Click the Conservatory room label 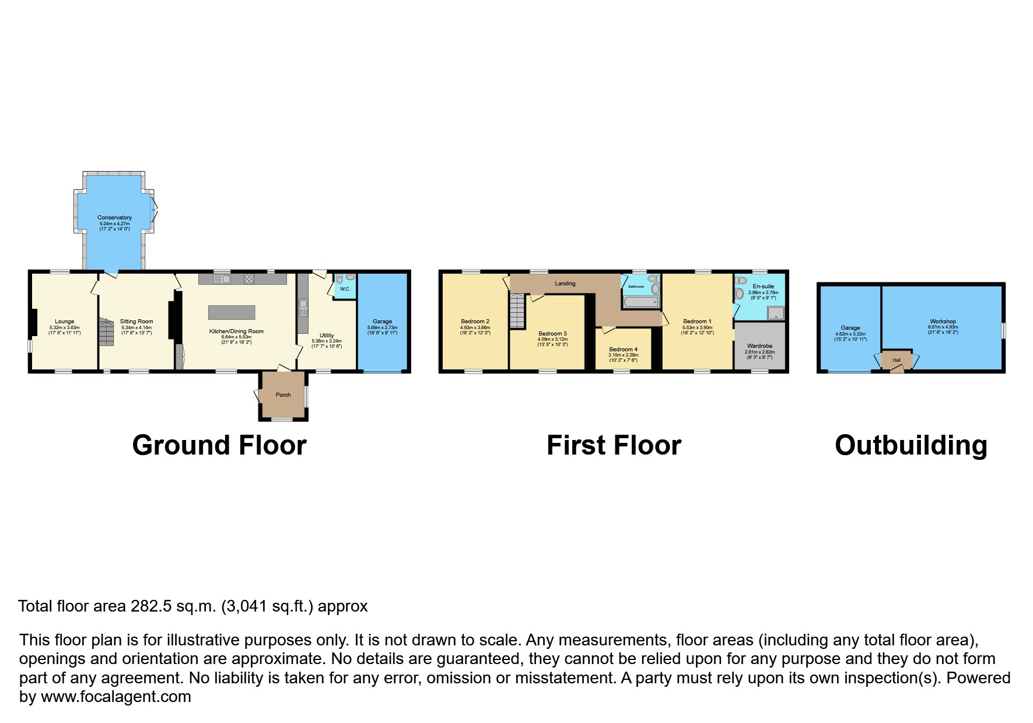tap(114, 218)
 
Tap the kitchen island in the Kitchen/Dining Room tap(232, 312)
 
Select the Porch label tap(283, 395)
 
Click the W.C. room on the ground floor tap(345, 289)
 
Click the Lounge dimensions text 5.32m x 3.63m tap(64, 327)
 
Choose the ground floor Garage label tap(382, 322)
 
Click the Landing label tap(565, 284)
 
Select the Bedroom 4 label tap(623, 350)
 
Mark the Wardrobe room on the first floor tap(759, 346)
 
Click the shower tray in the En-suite tap(776, 313)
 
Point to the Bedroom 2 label tap(475, 322)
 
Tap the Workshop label tap(943, 322)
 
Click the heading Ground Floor tap(219, 445)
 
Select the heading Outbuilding tap(911, 445)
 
